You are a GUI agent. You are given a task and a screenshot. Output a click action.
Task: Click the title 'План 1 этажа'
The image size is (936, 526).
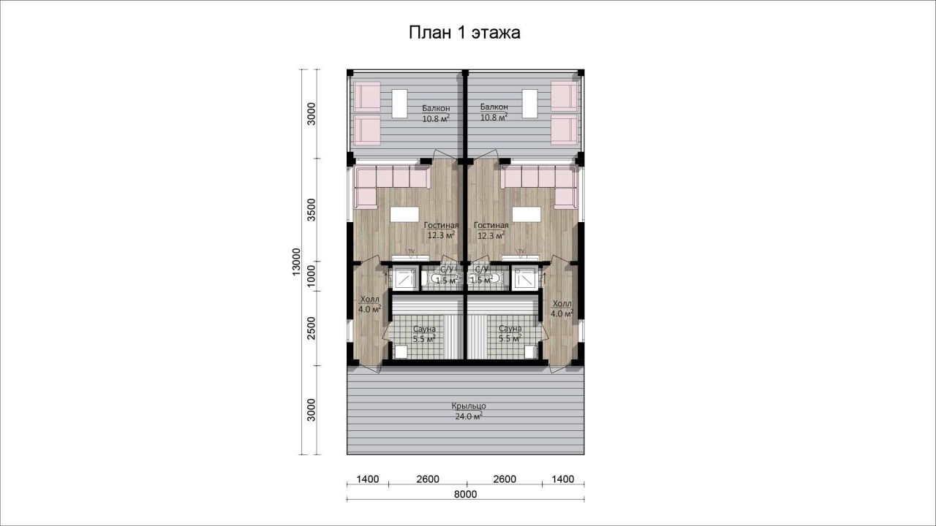pos(464,33)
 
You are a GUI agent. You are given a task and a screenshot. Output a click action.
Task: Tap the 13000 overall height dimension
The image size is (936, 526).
pos(296,262)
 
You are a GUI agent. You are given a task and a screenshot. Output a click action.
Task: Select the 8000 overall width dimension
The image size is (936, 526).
pos(466,495)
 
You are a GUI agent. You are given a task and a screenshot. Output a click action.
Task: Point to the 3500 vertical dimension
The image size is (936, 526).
pos(312,210)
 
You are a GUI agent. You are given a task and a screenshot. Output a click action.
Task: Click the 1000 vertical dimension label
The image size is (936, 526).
pos(312,276)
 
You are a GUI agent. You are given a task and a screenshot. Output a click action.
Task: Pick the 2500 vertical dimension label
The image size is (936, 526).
pos(312,328)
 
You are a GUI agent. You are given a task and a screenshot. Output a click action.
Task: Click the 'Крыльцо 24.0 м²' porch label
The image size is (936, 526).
pos(469,411)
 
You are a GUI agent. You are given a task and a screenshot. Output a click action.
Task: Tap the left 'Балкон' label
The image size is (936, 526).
pos(436,108)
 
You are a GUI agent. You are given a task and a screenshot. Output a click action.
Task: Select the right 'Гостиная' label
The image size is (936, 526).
pos(491,226)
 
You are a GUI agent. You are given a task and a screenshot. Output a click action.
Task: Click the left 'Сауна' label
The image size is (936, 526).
pos(424,329)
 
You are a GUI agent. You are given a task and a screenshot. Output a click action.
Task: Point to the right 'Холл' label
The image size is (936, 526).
pos(562,303)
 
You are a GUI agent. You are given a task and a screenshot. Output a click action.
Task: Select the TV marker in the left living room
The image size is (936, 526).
pos(411,251)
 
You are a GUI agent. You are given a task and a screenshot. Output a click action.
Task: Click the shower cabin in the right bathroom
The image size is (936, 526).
pos(524,278)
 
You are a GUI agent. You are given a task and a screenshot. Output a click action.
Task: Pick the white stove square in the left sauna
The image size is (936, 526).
pos(401,352)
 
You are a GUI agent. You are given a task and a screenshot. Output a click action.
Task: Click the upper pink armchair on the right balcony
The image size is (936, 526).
pos(565,96)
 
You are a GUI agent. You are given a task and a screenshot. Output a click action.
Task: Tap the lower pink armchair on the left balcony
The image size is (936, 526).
pos(367,130)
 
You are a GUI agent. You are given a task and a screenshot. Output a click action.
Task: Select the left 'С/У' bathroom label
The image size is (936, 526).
pos(447,269)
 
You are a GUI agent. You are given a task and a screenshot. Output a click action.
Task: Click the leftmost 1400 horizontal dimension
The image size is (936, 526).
pos(368,479)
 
